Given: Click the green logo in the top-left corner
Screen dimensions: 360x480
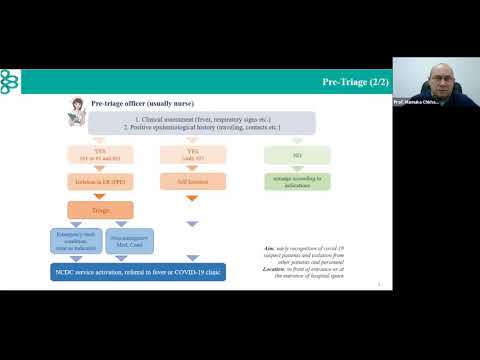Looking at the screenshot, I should [10, 79].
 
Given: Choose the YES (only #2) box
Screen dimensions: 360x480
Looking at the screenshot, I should [193, 155].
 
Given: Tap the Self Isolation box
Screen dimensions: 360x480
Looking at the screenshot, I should [193, 182].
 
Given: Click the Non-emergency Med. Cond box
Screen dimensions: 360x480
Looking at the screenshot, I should [122, 239].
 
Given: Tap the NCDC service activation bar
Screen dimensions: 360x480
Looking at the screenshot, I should [138, 272].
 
